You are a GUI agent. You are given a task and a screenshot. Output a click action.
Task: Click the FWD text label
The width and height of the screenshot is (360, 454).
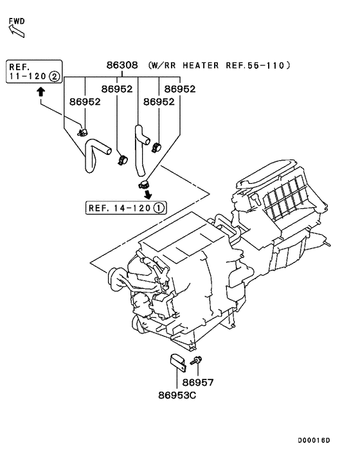[x=17, y=21]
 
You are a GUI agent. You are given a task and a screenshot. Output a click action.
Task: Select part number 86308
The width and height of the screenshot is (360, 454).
[x=122, y=66]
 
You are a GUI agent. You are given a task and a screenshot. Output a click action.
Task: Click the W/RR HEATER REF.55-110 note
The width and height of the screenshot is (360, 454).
[x=219, y=66]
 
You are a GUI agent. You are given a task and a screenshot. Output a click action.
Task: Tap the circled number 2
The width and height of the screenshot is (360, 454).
[x=55, y=76]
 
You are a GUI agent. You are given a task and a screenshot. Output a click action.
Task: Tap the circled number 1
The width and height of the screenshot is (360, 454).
[x=159, y=208]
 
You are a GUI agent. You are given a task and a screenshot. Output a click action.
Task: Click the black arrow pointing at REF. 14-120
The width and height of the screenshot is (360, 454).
[x=148, y=194]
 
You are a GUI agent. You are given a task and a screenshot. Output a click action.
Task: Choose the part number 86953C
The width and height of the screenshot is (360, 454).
[x=177, y=394]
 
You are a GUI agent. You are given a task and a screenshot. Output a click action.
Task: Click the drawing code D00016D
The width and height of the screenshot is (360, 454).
[x=313, y=440]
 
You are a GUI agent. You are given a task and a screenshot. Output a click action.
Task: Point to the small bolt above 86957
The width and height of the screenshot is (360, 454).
[x=195, y=364]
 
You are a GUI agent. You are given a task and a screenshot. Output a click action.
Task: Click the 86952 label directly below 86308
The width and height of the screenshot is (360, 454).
[x=116, y=89]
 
